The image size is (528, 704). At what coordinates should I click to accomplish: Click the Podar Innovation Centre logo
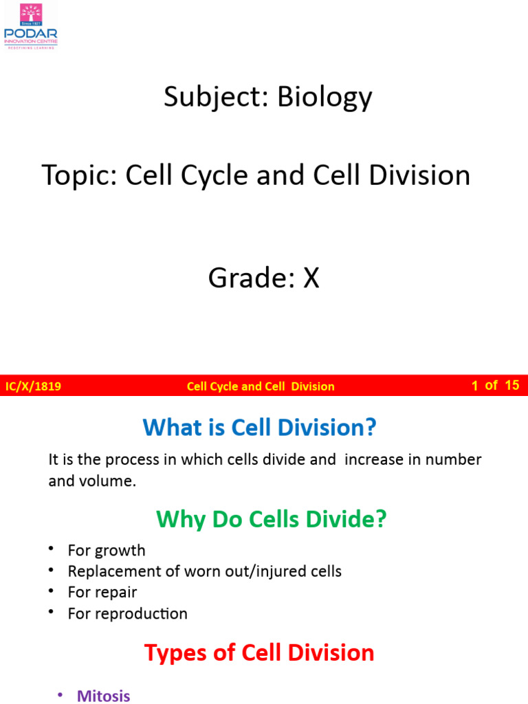coord(31,26)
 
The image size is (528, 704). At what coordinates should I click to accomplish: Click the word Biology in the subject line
coord(324,98)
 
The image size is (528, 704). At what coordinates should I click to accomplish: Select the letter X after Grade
coord(311,278)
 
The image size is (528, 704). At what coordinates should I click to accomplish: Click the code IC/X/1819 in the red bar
coord(33,386)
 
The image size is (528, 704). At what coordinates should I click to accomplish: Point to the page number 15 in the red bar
coord(511,385)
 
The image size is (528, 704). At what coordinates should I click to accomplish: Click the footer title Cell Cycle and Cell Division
coord(261,386)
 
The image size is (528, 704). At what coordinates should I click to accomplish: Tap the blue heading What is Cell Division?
coord(260,428)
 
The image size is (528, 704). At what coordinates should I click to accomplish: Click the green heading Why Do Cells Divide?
coord(272,519)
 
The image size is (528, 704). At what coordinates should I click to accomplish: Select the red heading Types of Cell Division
coord(259,652)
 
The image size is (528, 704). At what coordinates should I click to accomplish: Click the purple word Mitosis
coord(103,696)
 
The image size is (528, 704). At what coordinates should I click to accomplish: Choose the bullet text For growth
coord(107,550)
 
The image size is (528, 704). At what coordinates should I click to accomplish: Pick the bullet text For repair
coord(102,592)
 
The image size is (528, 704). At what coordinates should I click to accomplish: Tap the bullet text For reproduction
coord(127,613)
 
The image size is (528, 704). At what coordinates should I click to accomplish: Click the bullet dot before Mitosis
coord(61,695)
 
